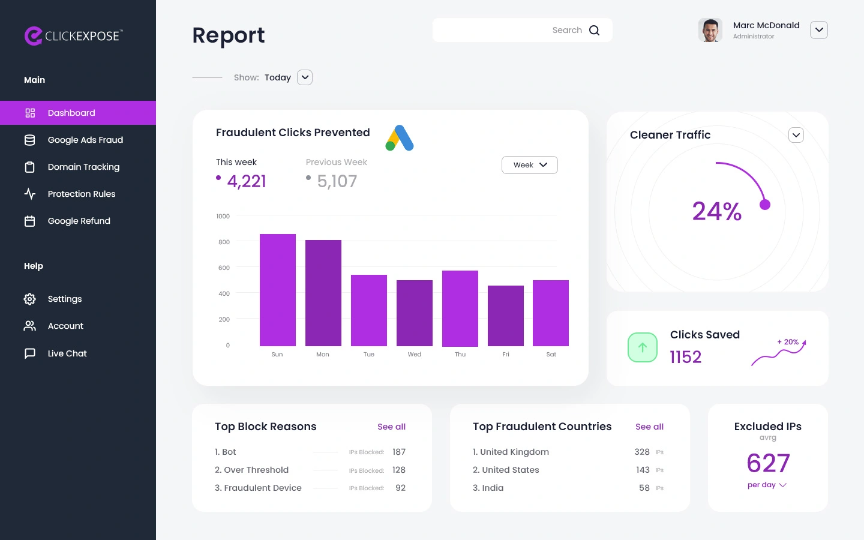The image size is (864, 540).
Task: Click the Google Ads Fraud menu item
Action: (x=85, y=140)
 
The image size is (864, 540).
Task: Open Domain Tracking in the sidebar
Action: (x=83, y=167)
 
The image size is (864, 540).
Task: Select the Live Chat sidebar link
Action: (x=67, y=353)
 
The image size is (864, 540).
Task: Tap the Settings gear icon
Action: (x=30, y=299)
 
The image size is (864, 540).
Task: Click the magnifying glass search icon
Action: (x=594, y=31)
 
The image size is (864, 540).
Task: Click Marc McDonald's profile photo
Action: (x=710, y=30)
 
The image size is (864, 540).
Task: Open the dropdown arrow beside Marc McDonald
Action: (x=818, y=30)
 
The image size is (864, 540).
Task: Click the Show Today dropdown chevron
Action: (x=305, y=77)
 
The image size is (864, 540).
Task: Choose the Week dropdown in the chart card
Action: (x=529, y=165)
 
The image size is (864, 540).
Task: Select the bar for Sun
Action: (x=277, y=290)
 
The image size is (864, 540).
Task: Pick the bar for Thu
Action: (x=460, y=308)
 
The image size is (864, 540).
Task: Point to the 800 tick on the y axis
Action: (x=224, y=242)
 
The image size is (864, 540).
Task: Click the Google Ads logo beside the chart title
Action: (x=400, y=138)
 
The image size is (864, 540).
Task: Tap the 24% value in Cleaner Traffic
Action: (x=716, y=211)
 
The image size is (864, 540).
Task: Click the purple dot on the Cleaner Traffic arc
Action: (x=764, y=205)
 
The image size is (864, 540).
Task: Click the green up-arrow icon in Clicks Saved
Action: (x=643, y=347)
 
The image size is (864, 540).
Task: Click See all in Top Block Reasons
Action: (x=391, y=427)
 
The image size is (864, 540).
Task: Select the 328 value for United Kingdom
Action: (x=642, y=452)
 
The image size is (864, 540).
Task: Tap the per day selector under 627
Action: (x=766, y=485)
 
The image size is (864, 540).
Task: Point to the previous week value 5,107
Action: (x=337, y=181)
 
